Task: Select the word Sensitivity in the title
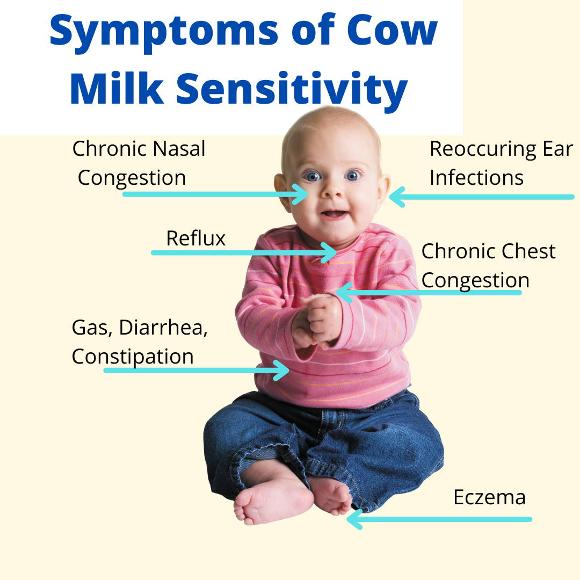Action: [292, 90]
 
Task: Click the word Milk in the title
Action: [117, 88]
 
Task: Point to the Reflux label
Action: [195, 238]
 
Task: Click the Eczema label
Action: [489, 497]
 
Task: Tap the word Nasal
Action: [179, 149]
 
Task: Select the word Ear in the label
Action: [558, 149]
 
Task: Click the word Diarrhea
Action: [163, 328]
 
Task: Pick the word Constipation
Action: [133, 357]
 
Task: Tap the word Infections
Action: [476, 178]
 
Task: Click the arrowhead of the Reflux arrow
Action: [329, 252]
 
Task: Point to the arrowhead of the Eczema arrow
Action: [355, 519]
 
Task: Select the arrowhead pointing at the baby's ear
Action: [397, 197]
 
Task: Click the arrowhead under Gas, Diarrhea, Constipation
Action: [281, 370]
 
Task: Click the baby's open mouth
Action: [334, 214]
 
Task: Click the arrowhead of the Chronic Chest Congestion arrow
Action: [344, 293]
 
